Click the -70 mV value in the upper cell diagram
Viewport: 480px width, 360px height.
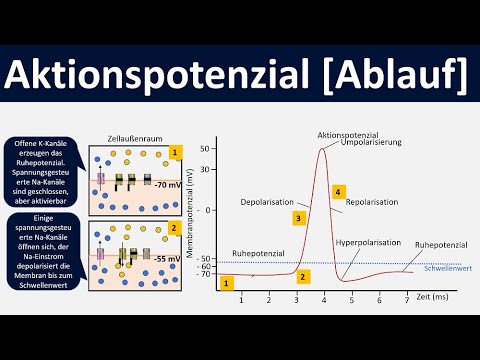(167, 185)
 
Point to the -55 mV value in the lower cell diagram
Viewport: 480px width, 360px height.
(167, 257)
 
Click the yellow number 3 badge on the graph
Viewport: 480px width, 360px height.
(298, 217)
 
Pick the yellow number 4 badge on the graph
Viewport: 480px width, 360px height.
(339, 191)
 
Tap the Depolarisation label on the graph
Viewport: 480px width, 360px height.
(268, 203)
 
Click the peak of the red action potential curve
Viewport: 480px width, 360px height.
(323, 149)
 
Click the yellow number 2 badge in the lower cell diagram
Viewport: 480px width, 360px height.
(175, 227)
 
